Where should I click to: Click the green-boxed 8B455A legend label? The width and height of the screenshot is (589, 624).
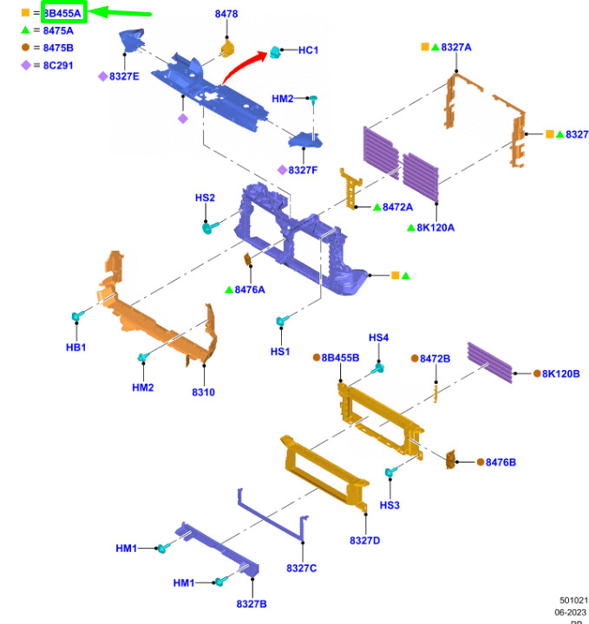[63, 13]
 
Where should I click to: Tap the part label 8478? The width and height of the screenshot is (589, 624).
[226, 15]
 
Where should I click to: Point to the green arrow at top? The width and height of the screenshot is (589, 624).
[121, 12]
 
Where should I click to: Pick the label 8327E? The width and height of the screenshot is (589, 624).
[124, 76]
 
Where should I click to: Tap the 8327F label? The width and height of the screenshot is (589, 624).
[303, 170]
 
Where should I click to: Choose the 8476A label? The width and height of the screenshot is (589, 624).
[250, 289]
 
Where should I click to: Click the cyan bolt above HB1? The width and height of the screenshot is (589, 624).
[77, 316]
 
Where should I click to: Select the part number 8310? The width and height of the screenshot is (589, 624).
[203, 393]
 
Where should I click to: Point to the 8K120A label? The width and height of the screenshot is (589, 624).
[435, 228]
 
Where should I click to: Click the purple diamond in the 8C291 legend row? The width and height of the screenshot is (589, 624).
[27, 65]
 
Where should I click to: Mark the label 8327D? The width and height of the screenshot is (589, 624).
[365, 541]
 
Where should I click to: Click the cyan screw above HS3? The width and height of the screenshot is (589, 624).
[390, 473]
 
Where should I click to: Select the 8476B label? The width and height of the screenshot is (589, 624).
[501, 462]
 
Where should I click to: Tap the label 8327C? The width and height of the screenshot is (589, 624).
[302, 568]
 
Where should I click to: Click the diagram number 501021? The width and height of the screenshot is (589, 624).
[573, 600]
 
